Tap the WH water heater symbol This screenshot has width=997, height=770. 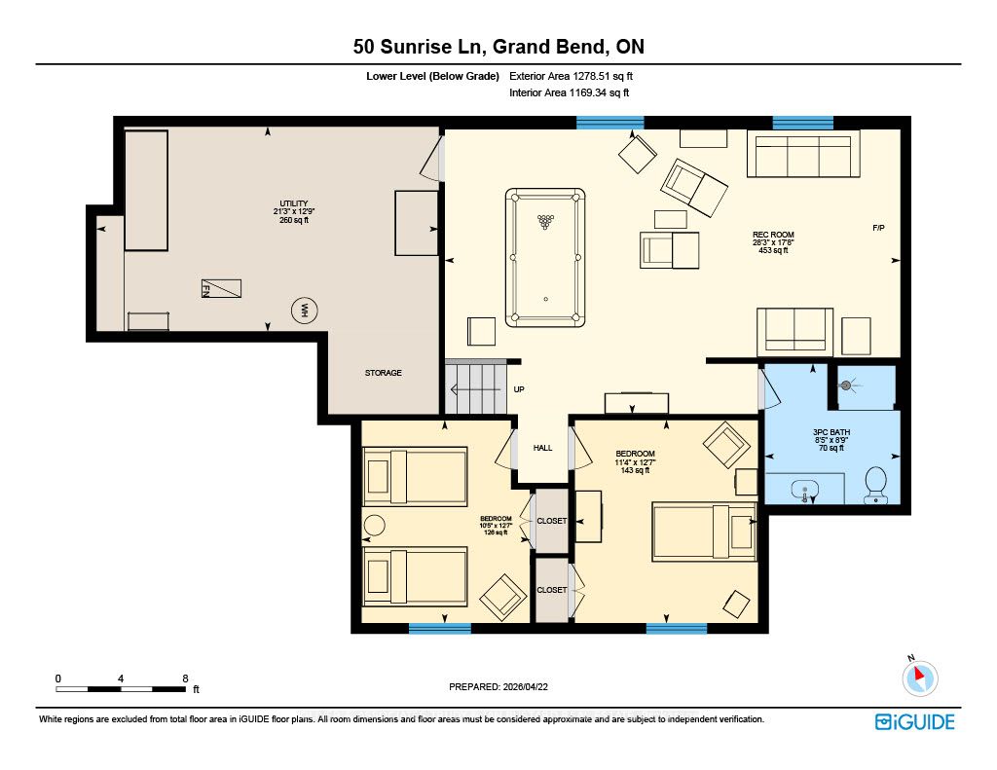coord(304,311)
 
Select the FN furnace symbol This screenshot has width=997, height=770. coord(221,289)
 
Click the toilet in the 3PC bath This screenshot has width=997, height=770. coord(876,485)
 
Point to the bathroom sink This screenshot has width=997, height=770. coord(805,491)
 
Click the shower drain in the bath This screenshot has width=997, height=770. coord(846,385)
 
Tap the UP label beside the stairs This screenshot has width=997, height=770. coord(519,389)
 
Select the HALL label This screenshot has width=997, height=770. coord(542,448)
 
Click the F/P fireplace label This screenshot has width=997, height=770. coord(878,228)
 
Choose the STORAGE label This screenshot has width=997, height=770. coord(383,373)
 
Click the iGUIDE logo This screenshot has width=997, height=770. coord(915,721)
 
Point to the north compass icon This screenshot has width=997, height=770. coord(919,678)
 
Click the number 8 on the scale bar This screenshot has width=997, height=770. coord(185,678)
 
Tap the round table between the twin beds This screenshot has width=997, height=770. coord(375,526)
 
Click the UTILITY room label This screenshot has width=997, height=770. coord(294,203)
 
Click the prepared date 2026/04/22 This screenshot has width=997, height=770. coord(525,686)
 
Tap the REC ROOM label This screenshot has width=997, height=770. coord(773,235)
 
